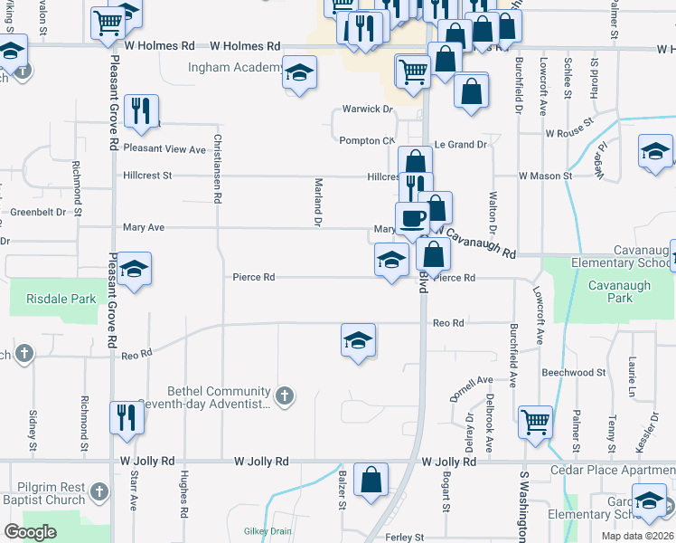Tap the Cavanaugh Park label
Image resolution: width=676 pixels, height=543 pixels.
(606, 291)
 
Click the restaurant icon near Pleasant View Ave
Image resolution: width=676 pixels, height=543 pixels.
(141, 111)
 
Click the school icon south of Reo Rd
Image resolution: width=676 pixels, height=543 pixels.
(358, 341)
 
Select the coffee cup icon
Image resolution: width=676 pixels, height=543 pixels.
(412, 219)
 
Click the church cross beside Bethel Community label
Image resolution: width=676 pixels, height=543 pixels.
(285, 395)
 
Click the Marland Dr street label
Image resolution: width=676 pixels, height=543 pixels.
(318, 201)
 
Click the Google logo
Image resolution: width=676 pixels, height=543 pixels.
(31, 532)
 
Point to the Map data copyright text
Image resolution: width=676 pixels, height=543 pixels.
(636, 536)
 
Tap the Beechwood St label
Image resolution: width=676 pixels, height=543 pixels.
(573, 373)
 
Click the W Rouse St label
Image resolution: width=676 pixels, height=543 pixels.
(568, 132)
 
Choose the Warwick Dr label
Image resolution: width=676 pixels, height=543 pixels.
(368, 110)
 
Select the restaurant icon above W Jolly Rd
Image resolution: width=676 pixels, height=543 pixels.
(126, 417)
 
